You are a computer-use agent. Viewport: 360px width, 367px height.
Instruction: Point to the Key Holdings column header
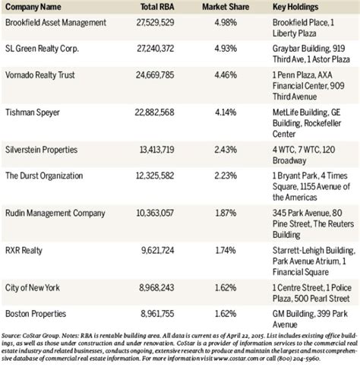(x=295, y=8)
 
